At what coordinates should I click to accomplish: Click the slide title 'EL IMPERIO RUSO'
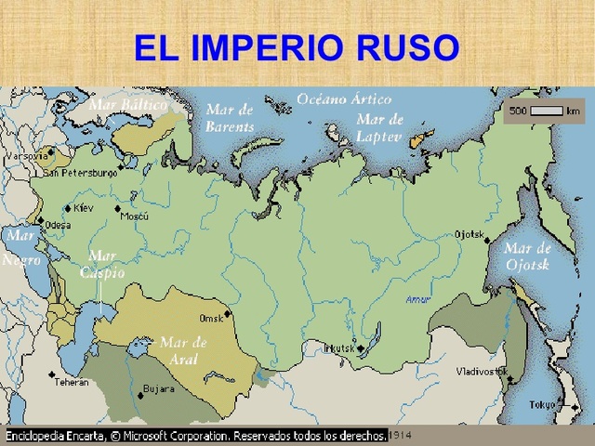pos(297,47)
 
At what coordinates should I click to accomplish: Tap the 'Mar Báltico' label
pos(128,105)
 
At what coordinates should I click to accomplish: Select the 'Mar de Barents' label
pos(230,118)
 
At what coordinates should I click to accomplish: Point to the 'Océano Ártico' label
pos(344,98)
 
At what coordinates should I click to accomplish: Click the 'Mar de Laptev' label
pos(379,127)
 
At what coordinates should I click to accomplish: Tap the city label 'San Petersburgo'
pos(80,172)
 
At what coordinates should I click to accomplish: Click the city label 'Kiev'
pos(84,208)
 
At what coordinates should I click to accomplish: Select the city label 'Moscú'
pos(136,216)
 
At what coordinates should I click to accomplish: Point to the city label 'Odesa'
pos(58,224)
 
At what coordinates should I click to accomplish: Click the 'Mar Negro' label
pos(20,248)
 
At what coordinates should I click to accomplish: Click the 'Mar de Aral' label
pos(183,350)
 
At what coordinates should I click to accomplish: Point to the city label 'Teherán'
pos(71,382)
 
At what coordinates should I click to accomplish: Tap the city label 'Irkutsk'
pos(337,348)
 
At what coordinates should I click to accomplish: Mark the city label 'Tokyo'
pos(542,405)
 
